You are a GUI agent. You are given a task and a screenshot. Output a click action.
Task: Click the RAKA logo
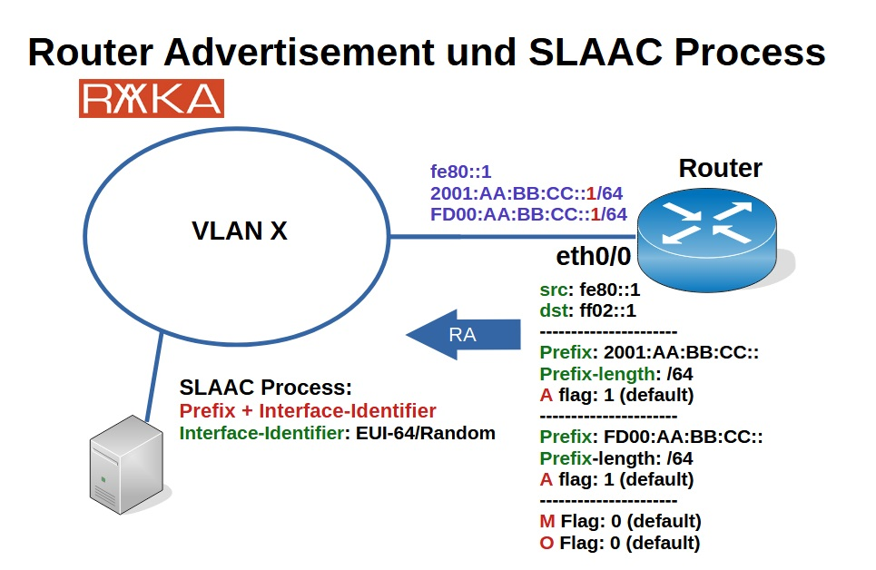click(151, 99)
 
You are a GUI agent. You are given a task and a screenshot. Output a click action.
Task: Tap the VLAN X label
click(240, 231)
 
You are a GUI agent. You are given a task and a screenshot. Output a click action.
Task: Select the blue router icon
click(707, 235)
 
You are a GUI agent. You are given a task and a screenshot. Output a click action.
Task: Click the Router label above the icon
click(720, 168)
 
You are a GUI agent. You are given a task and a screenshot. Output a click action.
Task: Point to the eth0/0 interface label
click(593, 257)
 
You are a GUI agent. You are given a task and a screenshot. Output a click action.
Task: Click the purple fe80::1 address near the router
click(460, 172)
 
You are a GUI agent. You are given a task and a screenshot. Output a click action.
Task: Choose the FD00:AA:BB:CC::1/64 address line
click(528, 214)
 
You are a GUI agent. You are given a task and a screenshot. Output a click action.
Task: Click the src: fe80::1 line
click(590, 290)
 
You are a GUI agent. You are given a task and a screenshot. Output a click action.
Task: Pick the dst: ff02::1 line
click(588, 310)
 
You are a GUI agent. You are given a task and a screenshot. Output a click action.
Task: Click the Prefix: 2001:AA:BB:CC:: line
click(649, 352)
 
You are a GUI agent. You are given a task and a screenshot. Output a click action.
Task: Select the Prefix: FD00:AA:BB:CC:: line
click(651, 437)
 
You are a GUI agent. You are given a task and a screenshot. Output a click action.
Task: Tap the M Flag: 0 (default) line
click(620, 521)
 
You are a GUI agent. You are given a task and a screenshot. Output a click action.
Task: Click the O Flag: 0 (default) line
click(619, 543)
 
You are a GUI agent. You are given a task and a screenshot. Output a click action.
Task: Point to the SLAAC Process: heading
click(265, 388)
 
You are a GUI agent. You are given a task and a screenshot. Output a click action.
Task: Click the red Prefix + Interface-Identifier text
click(308, 410)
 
